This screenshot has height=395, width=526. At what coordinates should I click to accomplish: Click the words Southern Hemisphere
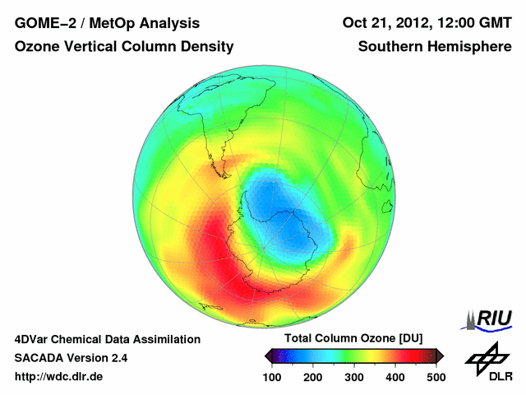coord(435,47)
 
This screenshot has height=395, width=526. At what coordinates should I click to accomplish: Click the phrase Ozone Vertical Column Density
coord(124,47)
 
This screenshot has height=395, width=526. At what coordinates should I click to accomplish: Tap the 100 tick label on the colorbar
coord(271,377)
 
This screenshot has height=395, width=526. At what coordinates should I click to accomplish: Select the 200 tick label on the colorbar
coord(312,377)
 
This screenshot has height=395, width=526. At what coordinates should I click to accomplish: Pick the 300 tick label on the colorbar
coord(353,377)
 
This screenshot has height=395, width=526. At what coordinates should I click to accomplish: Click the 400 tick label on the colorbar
coord(394,377)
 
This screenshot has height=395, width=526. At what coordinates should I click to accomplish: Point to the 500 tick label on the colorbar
coord(436,377)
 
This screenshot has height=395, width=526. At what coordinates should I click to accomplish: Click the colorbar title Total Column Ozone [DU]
coord(353,339)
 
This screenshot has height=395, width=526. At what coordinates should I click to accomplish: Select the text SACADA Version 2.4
coord(71,358)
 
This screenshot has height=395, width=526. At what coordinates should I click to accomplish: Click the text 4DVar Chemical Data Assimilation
coord(108,339)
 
